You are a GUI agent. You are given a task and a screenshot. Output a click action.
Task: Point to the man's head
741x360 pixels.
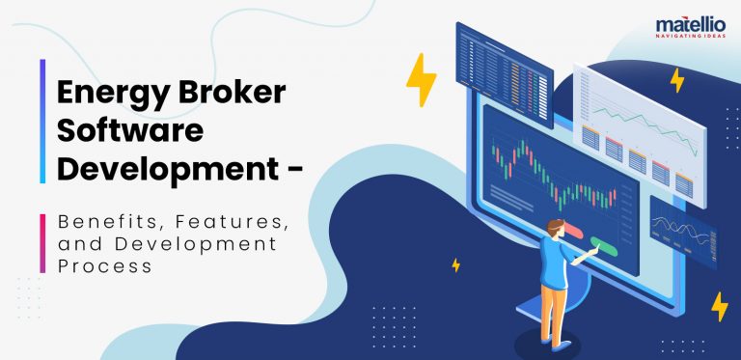[553, 229]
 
